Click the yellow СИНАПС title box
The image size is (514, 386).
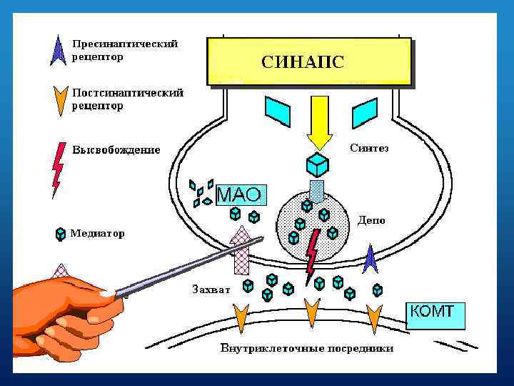point(308,61)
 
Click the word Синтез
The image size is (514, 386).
point(369,148)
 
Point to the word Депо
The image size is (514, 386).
point(371,220)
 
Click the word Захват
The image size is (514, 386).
point(211,289)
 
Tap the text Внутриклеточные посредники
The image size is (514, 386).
point(306,348)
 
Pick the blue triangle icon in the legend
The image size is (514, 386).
point(59,50)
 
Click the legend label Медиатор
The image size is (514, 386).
point(96,233)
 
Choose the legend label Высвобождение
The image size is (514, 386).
point(116,150)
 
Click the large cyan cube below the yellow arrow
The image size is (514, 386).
point(316,165)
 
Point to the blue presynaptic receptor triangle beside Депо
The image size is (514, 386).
point(371,259)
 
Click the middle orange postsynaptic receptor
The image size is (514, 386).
point(311,313)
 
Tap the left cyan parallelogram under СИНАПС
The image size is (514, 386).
point(277,111)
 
